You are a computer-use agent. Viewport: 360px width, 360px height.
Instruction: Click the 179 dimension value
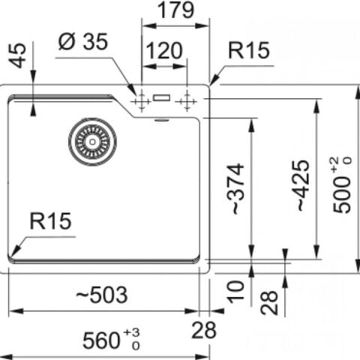[175, 10]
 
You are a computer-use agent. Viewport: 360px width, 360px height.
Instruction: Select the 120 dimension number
[164, 51]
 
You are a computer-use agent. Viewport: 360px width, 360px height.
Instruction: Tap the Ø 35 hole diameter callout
[83, 41]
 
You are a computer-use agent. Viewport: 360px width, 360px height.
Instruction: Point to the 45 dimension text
[19, 55]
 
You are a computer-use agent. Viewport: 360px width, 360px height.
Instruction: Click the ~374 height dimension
[235, 189]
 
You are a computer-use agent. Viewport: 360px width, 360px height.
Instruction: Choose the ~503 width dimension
[102, 295]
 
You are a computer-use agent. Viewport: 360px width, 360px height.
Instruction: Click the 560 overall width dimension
[101, 340]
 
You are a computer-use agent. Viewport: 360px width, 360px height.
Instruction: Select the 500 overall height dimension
[342, 194]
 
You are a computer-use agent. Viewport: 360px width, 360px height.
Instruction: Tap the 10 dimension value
[236, 292]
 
